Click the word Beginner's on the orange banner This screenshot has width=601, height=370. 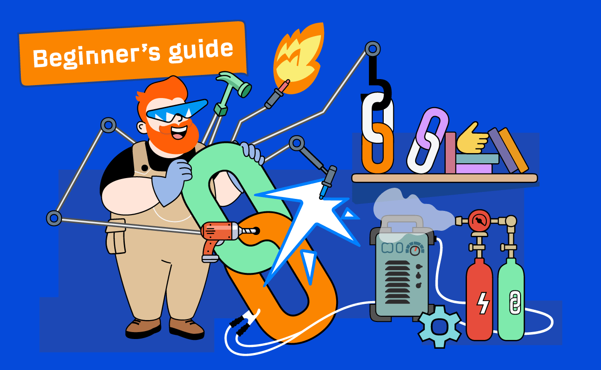[97, 56]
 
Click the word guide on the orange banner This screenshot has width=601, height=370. [201, 51]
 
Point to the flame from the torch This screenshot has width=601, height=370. [299, 58]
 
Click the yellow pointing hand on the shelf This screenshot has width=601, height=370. [472, 139]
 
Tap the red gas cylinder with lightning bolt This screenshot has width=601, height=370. [479, 299]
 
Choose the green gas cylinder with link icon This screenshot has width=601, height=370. [511, 299]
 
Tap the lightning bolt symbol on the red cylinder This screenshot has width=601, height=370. [483, 303]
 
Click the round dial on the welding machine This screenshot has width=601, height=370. [415, 249]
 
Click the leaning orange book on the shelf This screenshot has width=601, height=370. [514, 150]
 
